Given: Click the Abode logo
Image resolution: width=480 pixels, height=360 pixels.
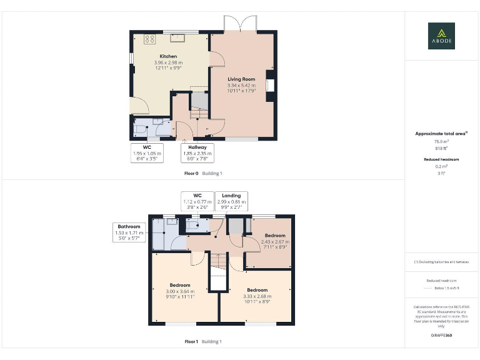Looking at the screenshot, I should point(441,36).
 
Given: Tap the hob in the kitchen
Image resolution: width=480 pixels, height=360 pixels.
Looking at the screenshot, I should point(149,39).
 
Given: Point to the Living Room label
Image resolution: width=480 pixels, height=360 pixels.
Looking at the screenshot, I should point(241,79).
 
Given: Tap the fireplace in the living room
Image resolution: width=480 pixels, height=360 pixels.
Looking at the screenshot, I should point(270,84).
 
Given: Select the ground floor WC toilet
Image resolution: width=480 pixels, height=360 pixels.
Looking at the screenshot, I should point(139,128).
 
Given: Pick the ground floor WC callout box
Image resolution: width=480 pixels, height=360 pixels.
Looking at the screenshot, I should point(147,153).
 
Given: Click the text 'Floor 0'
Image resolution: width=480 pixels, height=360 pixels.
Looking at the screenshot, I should point(191,173).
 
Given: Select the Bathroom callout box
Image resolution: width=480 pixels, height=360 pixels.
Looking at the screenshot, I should point(129,232).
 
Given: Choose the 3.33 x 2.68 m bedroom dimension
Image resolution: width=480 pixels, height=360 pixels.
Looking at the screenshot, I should point(257,296).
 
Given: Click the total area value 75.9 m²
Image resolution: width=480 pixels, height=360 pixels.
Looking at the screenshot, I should point(441,142).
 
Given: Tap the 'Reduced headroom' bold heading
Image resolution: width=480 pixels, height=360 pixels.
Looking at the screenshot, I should point(441,159).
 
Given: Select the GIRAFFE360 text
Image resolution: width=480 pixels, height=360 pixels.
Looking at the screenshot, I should point(441,336).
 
